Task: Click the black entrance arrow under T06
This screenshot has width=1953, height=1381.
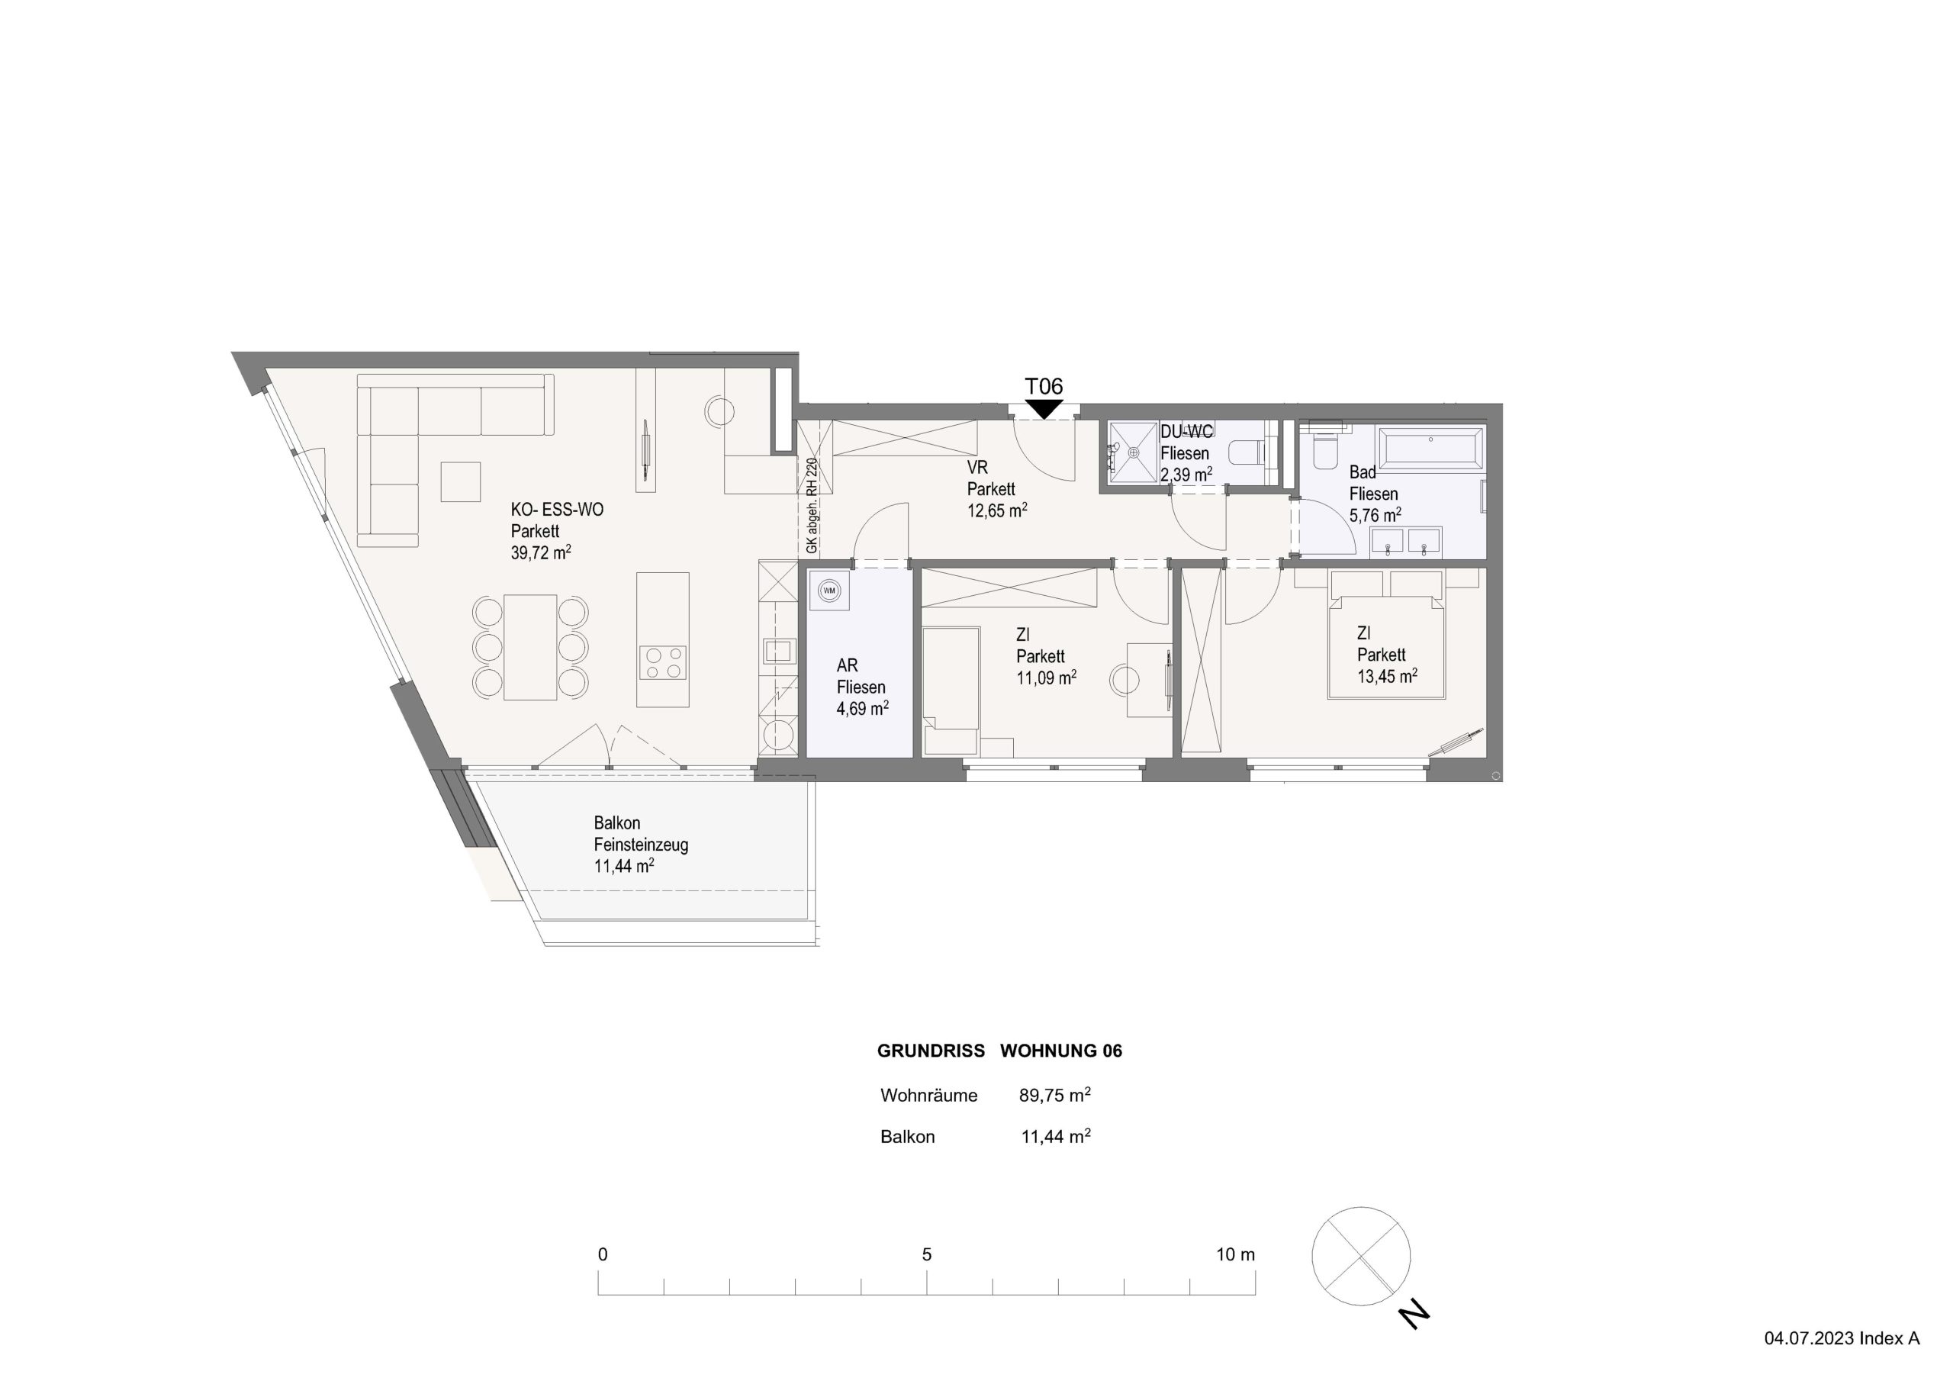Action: tap(1044, 409)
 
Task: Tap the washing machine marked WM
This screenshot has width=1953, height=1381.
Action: tap(829, 591)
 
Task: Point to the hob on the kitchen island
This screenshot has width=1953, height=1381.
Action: tap(664, 663)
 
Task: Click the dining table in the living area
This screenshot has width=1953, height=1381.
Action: tap(530, 647)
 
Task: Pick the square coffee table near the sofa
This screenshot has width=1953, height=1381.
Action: tap(460, 481)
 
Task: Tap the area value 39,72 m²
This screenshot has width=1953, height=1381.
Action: tap(541, 552)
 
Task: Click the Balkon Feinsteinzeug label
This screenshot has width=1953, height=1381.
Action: tap(641, 834)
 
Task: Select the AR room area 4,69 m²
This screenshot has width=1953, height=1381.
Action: tap(863, 708)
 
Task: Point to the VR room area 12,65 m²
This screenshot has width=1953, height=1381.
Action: tap(998, 510)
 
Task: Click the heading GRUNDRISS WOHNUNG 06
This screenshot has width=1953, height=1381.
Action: tap(999, 1051)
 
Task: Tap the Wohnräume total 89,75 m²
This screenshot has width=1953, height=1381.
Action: tap(1055, 1095)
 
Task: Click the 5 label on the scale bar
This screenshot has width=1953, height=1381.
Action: tap(926, 1254)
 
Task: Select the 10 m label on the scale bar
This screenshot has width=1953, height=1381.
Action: tap(1235, 1254)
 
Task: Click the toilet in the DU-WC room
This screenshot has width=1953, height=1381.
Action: tap(1249, 452)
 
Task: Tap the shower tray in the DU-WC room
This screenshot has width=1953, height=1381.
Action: tap(1132, 453)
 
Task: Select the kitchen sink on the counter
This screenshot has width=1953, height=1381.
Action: tap(777, 651)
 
